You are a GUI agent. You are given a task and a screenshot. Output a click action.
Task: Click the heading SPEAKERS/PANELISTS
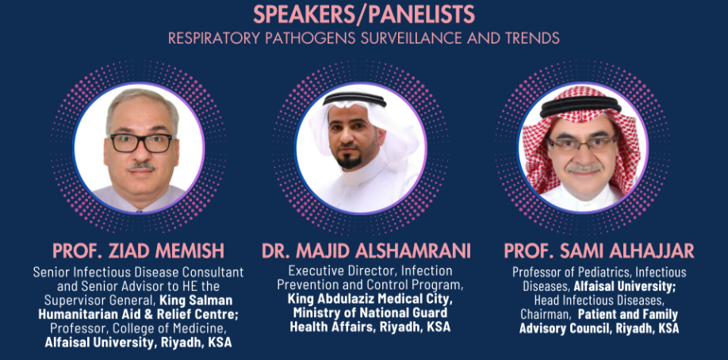pyautogui.click(x=364, y=14)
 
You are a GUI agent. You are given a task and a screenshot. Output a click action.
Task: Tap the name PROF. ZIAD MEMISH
pyautogui.click(x=138, y=251)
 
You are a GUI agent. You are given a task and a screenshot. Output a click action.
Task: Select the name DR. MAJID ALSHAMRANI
pyautogui.click(x=366, y=251)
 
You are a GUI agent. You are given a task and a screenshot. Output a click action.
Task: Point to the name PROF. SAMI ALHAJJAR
pyautogui.click(x=600, y=251)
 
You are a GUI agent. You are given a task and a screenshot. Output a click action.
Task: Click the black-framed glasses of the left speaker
pyautogui.click(x=141, y=143)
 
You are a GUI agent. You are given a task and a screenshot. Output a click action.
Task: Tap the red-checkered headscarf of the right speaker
pyautogui.click(x=580, y=135)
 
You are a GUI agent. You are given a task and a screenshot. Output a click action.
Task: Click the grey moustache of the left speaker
pyautogui.click(x=141, y=166)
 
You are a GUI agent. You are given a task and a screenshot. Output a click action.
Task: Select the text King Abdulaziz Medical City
pyautogui.click(x=370, y=298)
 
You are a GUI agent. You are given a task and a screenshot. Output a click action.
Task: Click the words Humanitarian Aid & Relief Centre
pyautogui.click(x=138, y=315)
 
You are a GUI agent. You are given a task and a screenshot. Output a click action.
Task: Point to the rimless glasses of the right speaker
pyautogui.click(x=582, y=144)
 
